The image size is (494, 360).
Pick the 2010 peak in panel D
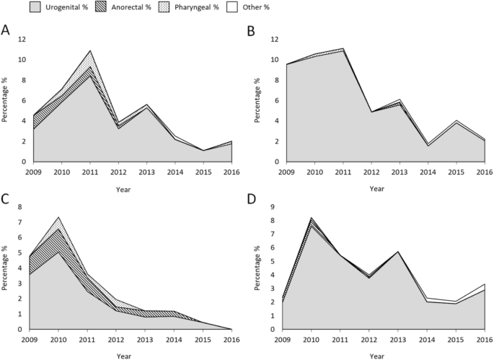312,217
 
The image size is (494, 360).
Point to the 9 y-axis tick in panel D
274,207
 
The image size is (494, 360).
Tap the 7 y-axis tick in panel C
22,208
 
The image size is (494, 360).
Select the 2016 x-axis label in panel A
232,172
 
